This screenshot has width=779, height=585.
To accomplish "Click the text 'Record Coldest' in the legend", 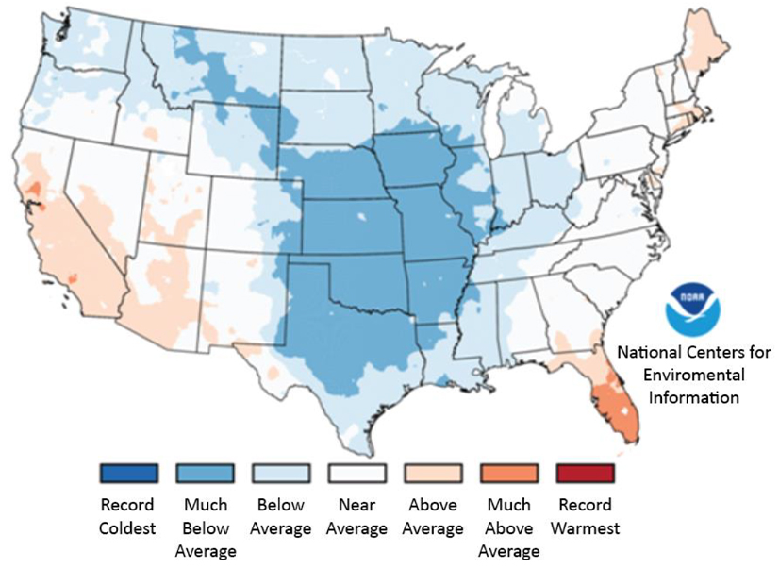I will click(x=126, y=516).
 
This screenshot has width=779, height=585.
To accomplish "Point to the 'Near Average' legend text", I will click(x=356, y=516).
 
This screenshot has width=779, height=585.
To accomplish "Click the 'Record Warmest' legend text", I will click(x=585, y=516).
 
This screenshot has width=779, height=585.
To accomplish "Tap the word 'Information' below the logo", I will click(x=694, y=397).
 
